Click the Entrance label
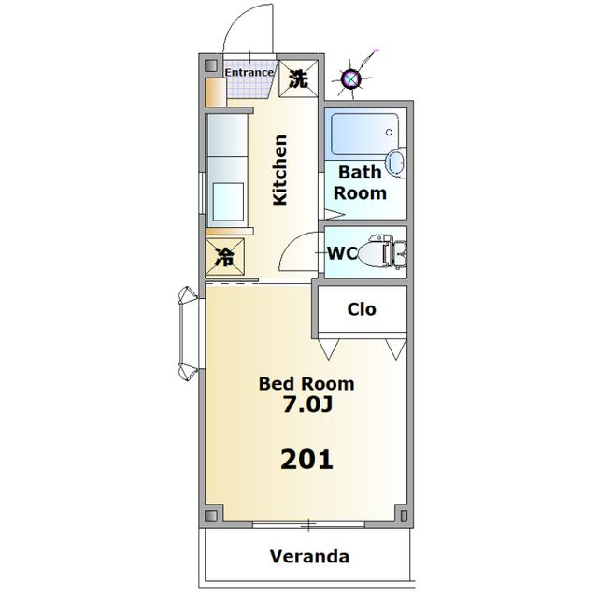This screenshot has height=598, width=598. [x=249, y=72]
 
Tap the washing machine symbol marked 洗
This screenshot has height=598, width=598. [x=298, y=78]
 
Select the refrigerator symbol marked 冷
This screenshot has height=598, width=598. [x=224, y=257]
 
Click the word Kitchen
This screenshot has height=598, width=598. [x=280, y=170]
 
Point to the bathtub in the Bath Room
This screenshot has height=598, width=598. [x=364, y=134]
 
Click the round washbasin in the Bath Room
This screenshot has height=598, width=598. [x=395, y=162]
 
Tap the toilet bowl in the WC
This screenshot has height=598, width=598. [x=372, y=251]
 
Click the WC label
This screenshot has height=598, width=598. [x=343, y=253]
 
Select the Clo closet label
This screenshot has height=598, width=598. [x=362, y=309]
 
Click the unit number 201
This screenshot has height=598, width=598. [x=306, y=459]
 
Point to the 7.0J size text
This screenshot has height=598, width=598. [x=307, y=405]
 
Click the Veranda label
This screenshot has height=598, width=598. [x=309, y=557]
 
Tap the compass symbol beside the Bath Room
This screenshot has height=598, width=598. [x=351, y=78]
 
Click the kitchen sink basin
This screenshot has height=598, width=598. [x=228, y=202]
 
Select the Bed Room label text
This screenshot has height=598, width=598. [x=306, y=384]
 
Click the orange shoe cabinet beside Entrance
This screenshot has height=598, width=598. [x=216, y=93]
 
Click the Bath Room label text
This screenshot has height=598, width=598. [x=360, y=183]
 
